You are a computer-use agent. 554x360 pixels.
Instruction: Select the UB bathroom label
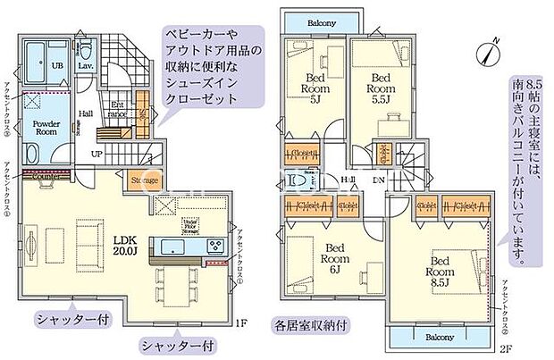[56, 67]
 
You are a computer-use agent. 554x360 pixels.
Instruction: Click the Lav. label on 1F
[86, 65]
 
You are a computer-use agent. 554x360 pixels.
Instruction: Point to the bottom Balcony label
[438, 338]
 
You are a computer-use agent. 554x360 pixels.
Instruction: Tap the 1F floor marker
[239, 323]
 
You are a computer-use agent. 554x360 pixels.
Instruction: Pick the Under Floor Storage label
[190, 223]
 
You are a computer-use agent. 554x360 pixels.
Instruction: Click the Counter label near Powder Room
[46, 175]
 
